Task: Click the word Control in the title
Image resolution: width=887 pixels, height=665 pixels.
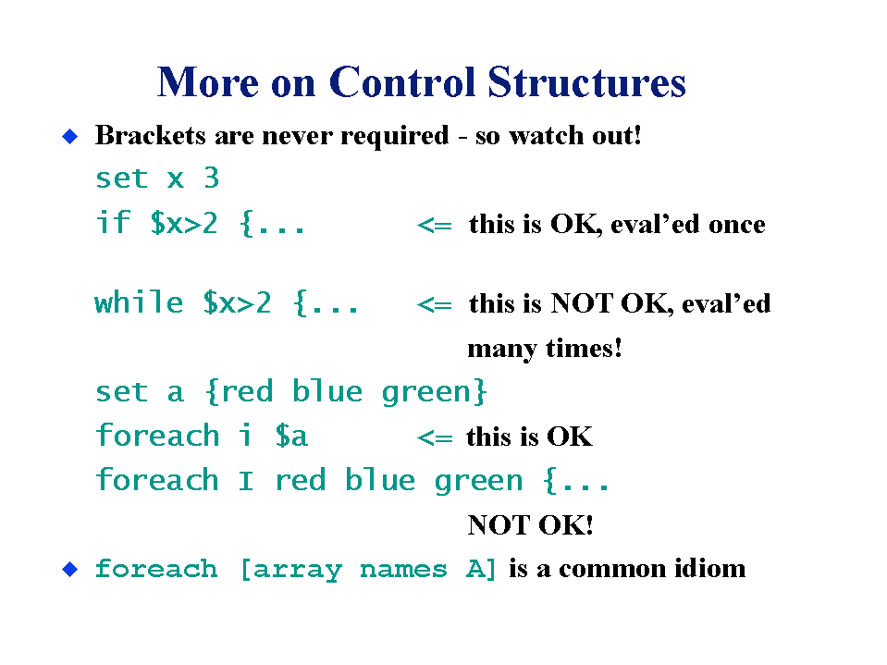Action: click(402, 82)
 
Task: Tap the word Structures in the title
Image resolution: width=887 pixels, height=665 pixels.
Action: click(586, 82)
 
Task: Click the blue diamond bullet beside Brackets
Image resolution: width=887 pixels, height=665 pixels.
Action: click(70, 136)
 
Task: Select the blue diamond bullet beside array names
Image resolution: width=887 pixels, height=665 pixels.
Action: click(70, 570)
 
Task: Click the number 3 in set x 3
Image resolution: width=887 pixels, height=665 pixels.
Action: click(212, 179)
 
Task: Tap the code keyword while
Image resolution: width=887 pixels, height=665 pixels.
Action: click(139, 302)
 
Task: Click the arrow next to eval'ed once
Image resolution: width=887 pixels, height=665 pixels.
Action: click(435, 226)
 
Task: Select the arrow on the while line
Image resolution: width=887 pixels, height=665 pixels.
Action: click(435, 305)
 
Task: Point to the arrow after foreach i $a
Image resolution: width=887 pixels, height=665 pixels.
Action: click(435, 438)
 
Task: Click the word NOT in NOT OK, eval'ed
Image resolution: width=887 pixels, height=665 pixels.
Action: click(582, 303)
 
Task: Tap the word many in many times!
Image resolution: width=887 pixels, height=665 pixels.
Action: click(501, 349)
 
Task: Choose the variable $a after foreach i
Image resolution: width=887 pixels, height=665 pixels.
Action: click(291, 436)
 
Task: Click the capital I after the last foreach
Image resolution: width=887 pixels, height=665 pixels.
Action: click(246, 481)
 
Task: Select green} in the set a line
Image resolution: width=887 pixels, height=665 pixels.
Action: click(434, 392)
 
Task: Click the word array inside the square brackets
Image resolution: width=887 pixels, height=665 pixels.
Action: click(297, 570)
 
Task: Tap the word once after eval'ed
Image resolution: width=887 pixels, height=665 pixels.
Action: click(737, 226)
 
